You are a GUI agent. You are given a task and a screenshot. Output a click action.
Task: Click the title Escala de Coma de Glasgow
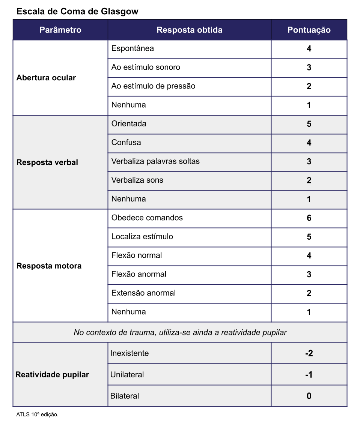coord(77,12)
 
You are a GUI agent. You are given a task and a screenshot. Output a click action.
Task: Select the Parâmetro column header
coord(60,30)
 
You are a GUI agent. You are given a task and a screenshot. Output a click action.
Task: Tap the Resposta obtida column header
coord(189,30)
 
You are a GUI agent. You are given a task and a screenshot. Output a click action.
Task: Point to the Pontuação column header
coord(309,30)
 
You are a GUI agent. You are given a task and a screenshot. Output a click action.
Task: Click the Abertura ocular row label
coord(46,78)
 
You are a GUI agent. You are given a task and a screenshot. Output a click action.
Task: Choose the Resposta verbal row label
coord(47,162)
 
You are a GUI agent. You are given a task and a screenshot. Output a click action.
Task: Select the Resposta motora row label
coord(49,266)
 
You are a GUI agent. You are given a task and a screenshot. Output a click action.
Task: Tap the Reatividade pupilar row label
coord(52,375)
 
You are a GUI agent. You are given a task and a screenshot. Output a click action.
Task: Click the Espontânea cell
coord(133,48)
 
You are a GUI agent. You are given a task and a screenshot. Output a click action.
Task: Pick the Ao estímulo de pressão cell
coord(153,86)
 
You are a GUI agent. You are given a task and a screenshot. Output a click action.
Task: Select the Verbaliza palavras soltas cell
coord(155,161)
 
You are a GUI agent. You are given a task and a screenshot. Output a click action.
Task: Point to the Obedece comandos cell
coord(147,218)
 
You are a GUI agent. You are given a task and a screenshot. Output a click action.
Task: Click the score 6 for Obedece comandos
coord(309,218)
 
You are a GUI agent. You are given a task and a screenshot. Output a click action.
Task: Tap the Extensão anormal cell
coord(143,293)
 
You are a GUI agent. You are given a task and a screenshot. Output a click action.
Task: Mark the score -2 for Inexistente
coord(309,353)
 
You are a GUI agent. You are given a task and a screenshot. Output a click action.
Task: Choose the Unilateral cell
coord(127,374)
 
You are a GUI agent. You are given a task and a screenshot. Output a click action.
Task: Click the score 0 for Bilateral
coord(309,396)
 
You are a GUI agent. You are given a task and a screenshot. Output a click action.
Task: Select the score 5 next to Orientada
coord(309,124)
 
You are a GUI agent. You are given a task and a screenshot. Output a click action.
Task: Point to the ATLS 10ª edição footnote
coord(38,415)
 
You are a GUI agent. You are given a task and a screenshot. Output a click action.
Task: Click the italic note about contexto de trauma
coord(180,332)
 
